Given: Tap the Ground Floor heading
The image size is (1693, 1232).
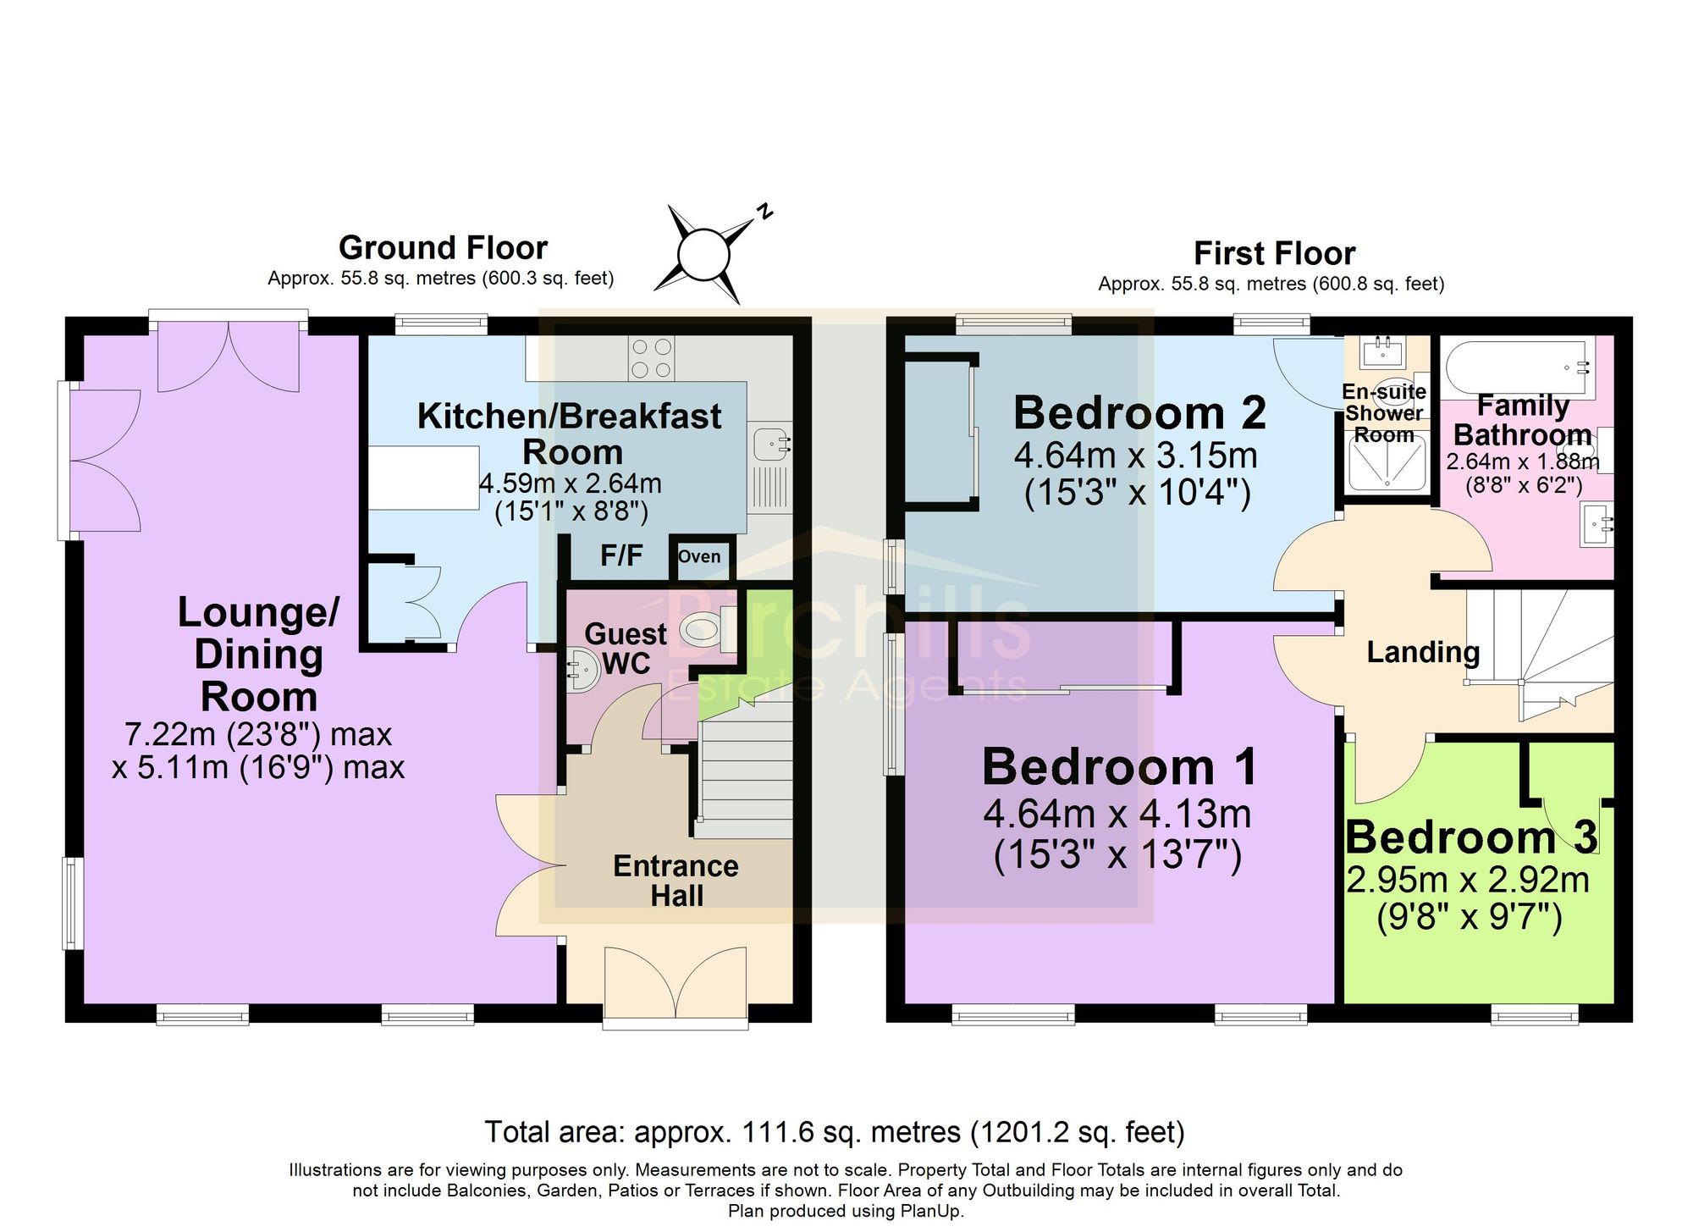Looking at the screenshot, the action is click(444, 248).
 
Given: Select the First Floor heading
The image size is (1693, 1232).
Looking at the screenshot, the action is click(1274, 253).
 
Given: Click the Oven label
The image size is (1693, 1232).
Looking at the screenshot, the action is click(699, 556).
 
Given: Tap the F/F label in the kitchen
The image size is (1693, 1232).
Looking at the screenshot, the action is click(621, 555).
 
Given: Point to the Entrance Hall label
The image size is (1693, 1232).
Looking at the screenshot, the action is click(676, 881).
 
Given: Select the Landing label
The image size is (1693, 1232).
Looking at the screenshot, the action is click(1423, 652).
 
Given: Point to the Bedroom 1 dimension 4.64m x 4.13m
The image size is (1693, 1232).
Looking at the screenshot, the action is click(1117, 815).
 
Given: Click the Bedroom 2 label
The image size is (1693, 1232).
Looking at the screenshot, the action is click(1139, 413).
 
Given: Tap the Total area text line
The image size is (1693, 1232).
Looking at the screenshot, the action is click(835, 1132).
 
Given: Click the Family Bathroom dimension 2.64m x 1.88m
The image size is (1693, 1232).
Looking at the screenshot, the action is click(1523, 462).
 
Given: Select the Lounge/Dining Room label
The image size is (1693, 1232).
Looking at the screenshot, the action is click(259, 654).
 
